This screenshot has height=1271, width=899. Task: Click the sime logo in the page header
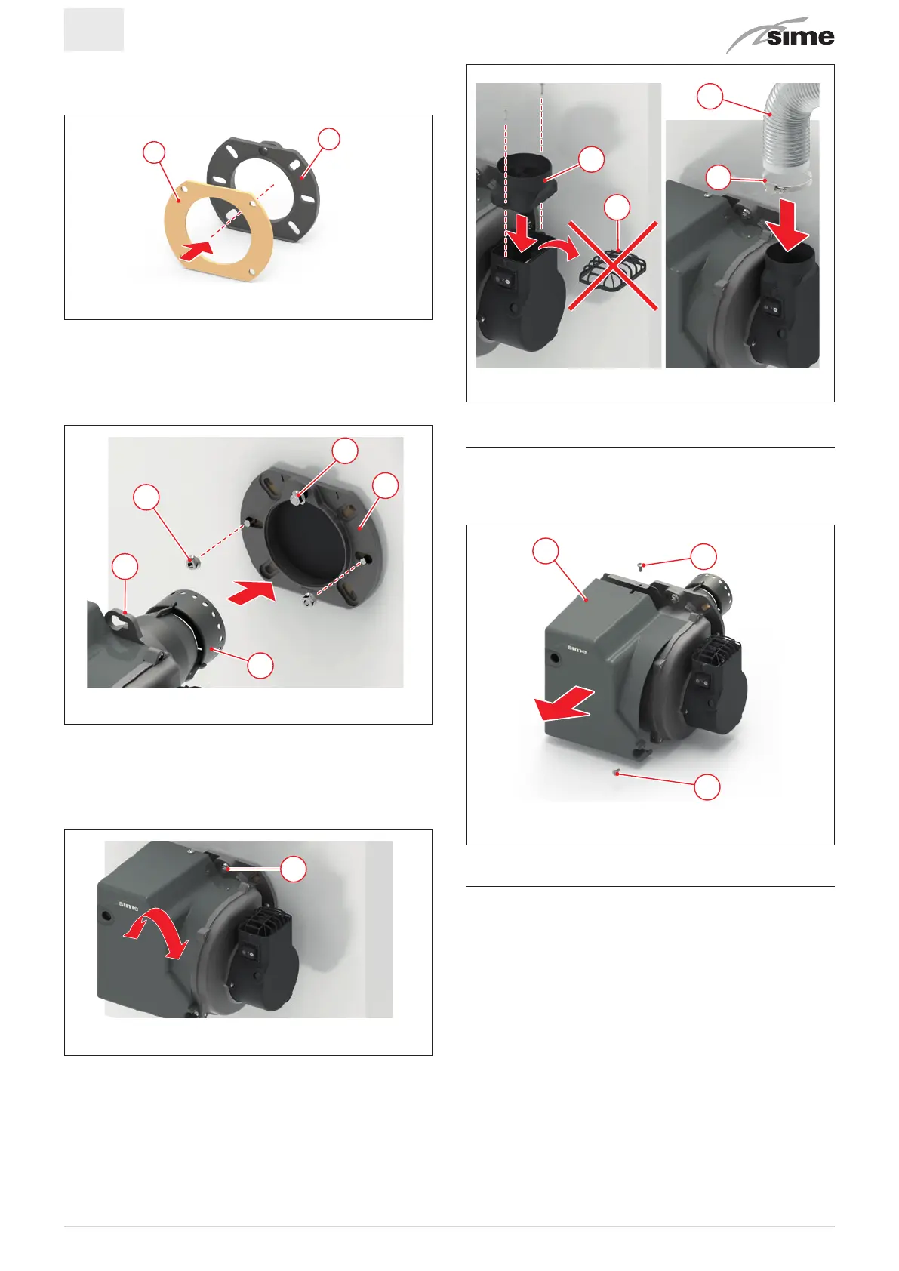[781, 35]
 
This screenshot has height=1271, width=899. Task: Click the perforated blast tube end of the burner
[199, 624]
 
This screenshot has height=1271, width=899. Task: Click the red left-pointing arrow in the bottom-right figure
[564, 703]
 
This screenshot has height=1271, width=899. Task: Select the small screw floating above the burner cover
[641, 565]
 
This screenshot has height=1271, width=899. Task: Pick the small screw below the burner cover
[617, 771]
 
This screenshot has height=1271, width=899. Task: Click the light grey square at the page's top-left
[94, 30]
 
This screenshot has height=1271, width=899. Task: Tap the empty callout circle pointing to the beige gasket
[154, 152]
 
